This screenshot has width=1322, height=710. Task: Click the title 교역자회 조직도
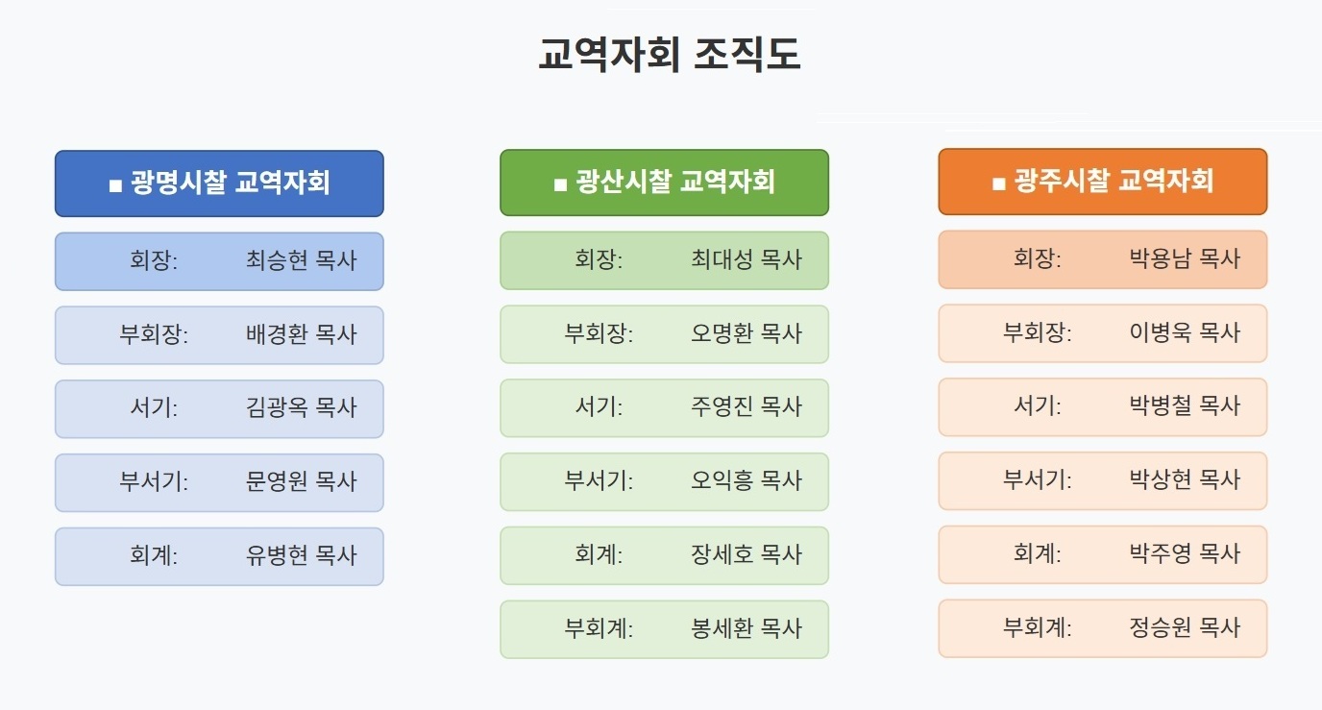(670, 54)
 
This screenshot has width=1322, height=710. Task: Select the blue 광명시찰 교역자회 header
(220, 184)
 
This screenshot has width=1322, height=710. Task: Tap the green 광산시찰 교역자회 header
(665, 183)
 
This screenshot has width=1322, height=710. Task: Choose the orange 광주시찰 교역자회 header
(1103, 182)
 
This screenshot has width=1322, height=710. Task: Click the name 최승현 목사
(302, 260)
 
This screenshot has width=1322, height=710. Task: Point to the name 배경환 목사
(302, 334)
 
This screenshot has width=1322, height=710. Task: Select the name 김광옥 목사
(302, 407)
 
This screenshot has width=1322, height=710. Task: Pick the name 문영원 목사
(302, 481)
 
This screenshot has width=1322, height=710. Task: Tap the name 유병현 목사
(302, 555)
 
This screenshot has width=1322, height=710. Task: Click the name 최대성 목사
(747, 259)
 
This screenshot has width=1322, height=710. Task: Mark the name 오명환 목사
(747, 333)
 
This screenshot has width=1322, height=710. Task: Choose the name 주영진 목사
(747, 406)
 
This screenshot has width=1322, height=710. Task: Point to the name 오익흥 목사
(747, 480)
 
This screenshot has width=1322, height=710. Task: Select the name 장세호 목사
(747, 554)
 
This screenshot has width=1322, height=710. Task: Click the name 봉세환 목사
(747, 628)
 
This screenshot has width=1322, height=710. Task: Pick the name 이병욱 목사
(1185, 332)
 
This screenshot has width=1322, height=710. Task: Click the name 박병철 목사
(1185, 406)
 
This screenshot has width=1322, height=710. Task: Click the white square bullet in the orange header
(998, 184)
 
